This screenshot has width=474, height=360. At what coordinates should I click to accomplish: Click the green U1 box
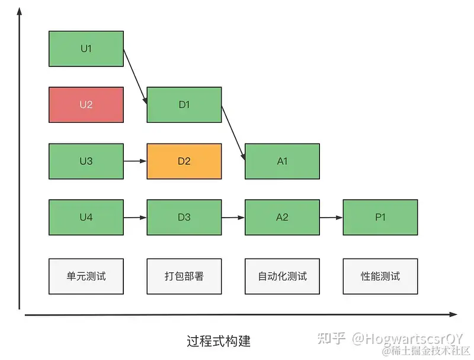point(86,49)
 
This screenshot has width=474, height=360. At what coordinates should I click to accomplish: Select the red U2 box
point(86,105)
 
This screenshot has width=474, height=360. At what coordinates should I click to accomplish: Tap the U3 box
point(86,161)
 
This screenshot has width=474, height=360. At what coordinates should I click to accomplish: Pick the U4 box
point(86,217)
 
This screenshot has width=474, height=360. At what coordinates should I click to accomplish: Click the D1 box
point(184,105)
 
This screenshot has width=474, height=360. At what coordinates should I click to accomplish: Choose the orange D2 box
point(184,161)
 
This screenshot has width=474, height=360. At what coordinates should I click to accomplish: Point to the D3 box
point(184,217)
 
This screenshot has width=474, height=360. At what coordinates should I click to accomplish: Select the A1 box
point(282,161)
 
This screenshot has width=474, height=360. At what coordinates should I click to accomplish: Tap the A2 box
point(282,217)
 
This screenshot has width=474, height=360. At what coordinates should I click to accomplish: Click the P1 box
point(380,217)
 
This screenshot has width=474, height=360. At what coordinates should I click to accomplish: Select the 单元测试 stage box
point(86,276)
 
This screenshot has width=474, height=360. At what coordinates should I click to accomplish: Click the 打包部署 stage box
point(184,276)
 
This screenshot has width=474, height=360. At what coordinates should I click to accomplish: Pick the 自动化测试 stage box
point(282,276)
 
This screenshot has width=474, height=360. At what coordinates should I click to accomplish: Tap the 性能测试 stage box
point(380,276)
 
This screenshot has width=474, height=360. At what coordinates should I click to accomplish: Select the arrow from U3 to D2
point(135,161)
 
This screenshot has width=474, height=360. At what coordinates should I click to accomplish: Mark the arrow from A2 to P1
point(331,217)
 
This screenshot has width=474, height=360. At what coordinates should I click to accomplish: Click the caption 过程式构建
point(218,341)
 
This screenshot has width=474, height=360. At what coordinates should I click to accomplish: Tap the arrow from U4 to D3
point(135,217)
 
